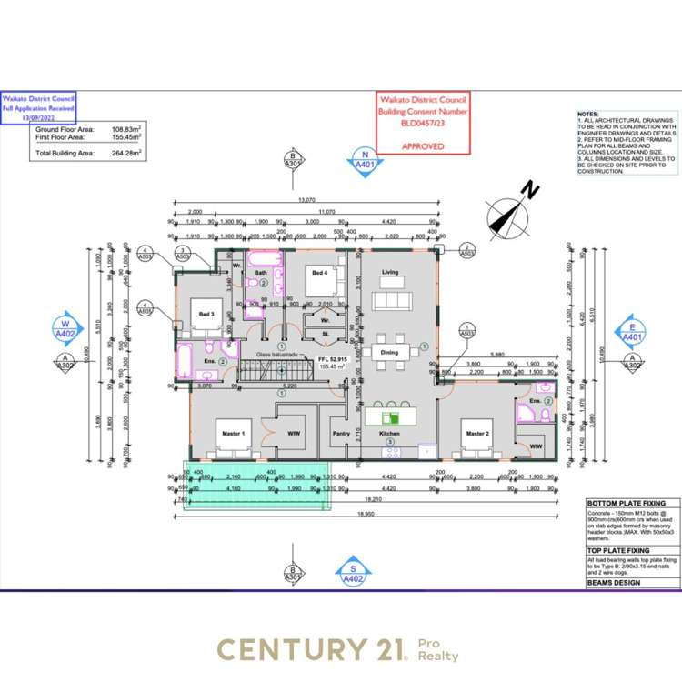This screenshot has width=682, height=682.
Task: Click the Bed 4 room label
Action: click(319, 271)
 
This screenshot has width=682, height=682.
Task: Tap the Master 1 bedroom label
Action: click(235, 434)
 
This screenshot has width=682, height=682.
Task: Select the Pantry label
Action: click(341, 434)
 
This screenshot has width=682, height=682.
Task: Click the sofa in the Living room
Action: click(391, 300)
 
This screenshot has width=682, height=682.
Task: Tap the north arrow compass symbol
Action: click(509, 216)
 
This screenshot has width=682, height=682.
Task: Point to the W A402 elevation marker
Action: click(65, 328)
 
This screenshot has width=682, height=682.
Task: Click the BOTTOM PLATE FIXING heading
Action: click(632, 503)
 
